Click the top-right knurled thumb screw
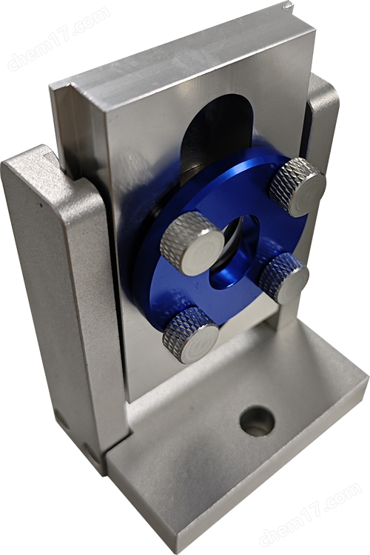pos(297,187)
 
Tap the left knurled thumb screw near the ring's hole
pos(192,243)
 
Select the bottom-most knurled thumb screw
pos(190,334)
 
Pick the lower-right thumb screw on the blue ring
pos(284,277)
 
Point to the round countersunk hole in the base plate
pos(257,421)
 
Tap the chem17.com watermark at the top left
pos(58,39)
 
